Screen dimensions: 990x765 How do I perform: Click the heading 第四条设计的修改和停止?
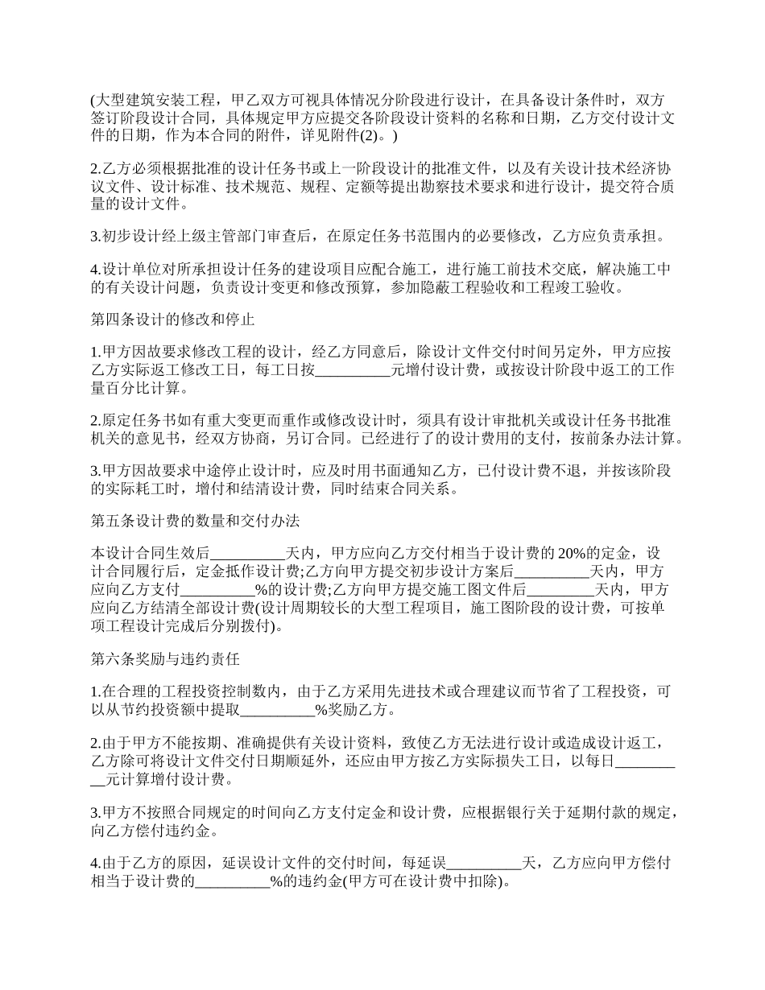pyautogui.click(x=173, y=320)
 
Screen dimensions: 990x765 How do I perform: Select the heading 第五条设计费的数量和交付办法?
pyautogui.click(x=195, y=522)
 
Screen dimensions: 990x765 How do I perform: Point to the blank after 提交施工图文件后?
pyautogui.click(x=560, y=589)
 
